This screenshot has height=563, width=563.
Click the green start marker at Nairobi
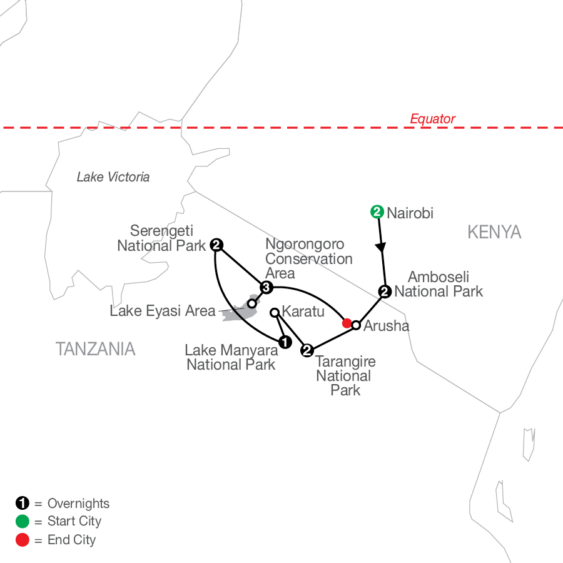pyautogui.click(x=377, y=212)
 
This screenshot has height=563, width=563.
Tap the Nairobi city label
pyautogui.click(x=410, y=213)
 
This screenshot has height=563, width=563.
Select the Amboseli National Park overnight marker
pyautogui.click(x=385, y=292)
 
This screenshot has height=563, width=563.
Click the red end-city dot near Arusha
pyautogui.click(x=347, y=323)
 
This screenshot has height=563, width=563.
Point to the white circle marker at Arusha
pyautogui.click(x=356, y=325)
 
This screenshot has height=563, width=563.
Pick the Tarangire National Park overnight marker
pyautogui.click(x=307, y=350)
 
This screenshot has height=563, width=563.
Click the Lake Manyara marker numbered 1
pyautogui.click(x=285, y=342)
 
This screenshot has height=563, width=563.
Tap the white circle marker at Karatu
pyautogui.click(x=275, y=313)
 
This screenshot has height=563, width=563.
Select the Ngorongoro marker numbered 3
pyautogui.click(x=266, y=287)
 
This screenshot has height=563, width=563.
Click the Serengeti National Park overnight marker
pyautogui.click(x=216, y=245)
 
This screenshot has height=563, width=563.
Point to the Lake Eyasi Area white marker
pyautogui.click(x=252, y=304)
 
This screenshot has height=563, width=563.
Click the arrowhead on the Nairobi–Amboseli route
pyautogui.click(x=380, y=247)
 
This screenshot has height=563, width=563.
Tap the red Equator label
pyautogui.click(x=433, y=118)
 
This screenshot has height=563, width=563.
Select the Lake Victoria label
pyautogui.click(x=113, y=177)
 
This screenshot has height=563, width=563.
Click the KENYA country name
pyautogui.click(x=494, y=232)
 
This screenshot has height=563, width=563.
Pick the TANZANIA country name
pyautogui.click(x=96, y=349)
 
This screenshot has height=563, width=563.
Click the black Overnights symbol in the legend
pyautogui.click(x=23, y=503)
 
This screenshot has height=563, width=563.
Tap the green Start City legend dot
pyautogui.click(x=23, y=521)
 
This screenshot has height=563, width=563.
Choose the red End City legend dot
pyautogui.click(x=23, y=540)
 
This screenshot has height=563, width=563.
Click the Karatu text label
pyautogui.click(x=303, y=312)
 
